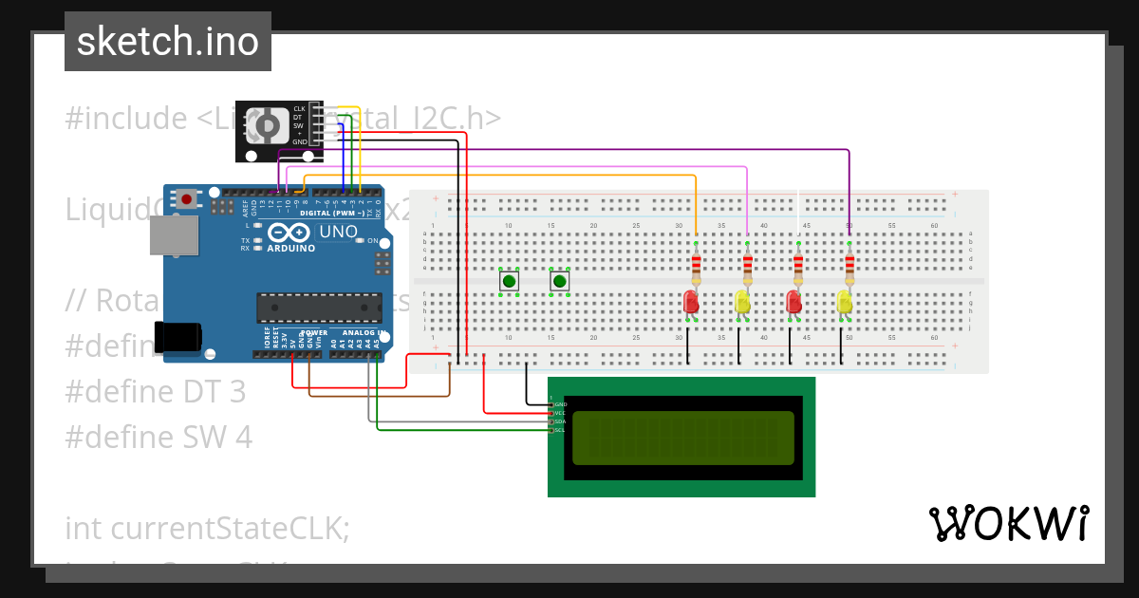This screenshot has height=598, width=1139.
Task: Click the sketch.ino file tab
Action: coord(167,42)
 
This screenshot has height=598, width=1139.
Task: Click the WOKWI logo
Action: coord(1008,523)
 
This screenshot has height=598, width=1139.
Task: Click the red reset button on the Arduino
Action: coord(188,199)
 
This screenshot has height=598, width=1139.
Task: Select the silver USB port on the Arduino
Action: coord(174,235)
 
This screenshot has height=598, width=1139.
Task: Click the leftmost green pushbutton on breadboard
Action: coord(510,281)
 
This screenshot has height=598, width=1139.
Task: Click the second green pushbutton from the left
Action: coord(560,281)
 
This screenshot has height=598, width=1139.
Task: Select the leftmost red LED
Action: coord(691,302)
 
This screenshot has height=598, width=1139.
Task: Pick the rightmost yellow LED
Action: coord(844,302)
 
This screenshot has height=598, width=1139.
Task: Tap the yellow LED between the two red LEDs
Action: coord(742,302)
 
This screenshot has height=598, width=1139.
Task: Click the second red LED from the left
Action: coord(794,302)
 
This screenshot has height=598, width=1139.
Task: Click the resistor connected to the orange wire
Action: coord(696,265)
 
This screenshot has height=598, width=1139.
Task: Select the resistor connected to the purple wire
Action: coord(849,265)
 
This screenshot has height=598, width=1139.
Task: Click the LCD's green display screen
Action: coord(683,438)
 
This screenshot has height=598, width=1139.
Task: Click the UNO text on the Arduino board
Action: coord(338,231)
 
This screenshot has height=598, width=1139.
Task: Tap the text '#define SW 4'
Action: coord(159,437)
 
